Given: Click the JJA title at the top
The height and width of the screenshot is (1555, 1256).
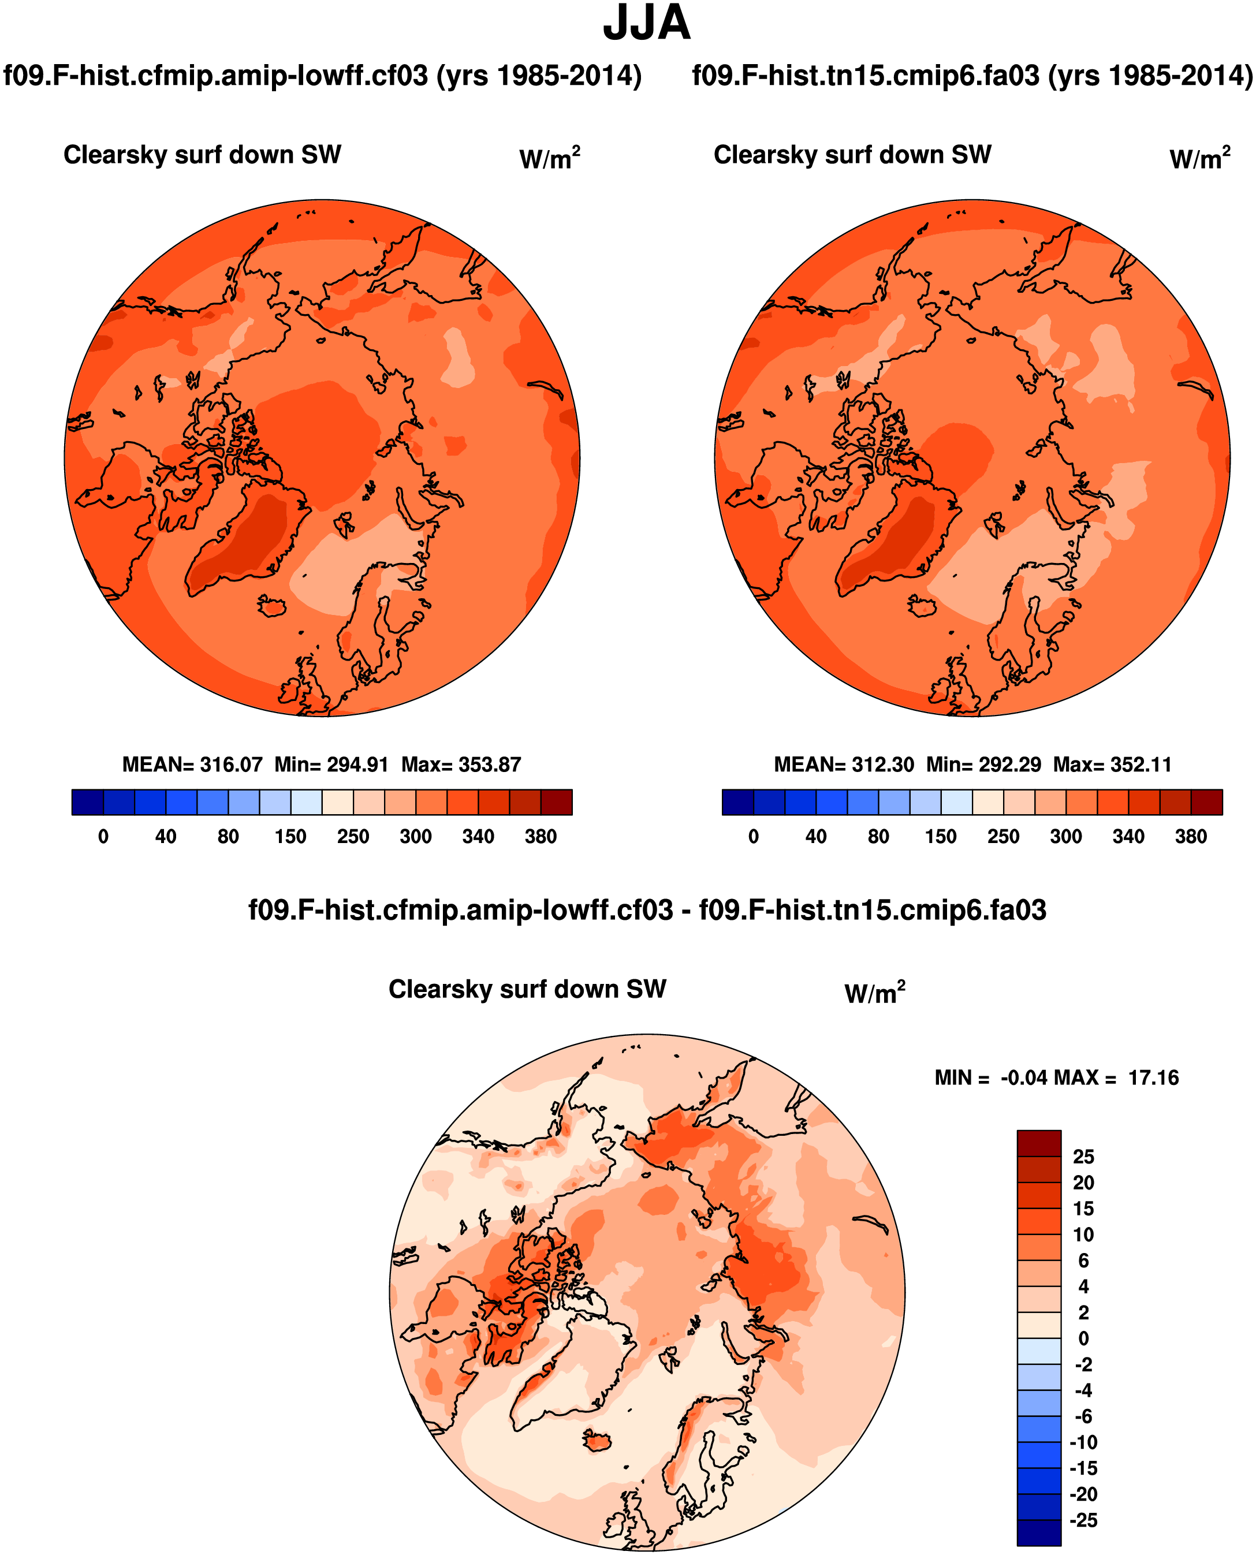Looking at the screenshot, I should [646, 24].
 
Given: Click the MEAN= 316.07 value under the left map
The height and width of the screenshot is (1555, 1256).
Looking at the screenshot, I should [192, 765].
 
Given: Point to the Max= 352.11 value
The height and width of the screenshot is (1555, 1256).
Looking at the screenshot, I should [1112, 765].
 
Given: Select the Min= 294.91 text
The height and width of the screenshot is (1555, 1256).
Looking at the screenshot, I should [331, 765].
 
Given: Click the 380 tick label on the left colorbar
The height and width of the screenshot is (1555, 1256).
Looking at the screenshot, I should [541, 837].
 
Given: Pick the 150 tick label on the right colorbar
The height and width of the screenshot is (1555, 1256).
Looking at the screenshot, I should [941, 837].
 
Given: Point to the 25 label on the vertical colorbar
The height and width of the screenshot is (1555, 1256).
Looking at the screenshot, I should [1083, 1157].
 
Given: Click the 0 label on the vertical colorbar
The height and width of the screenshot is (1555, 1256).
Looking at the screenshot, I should [1083, 1338].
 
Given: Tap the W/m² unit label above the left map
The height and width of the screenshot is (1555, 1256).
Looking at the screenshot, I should [550, 158].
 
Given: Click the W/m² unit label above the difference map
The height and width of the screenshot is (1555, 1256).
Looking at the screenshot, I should [875, 993].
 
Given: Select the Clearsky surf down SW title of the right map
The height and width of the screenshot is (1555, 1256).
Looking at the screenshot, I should [852, 155].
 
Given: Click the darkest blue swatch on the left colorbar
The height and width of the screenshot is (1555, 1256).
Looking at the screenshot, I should [88, 802].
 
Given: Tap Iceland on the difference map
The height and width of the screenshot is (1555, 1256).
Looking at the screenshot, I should [598, 1440].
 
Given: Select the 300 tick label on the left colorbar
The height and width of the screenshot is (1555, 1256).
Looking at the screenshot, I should [415, 837].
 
